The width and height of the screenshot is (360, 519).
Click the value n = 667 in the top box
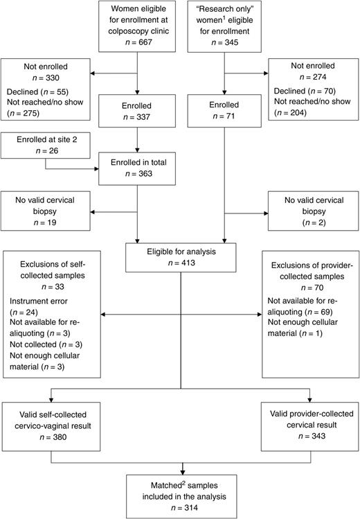tap(140, 44)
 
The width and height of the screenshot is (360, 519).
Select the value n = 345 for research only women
tap(224, 44)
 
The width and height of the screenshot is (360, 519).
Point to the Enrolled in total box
tap(140, 170)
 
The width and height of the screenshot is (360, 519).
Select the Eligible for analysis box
tap(181, 258)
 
